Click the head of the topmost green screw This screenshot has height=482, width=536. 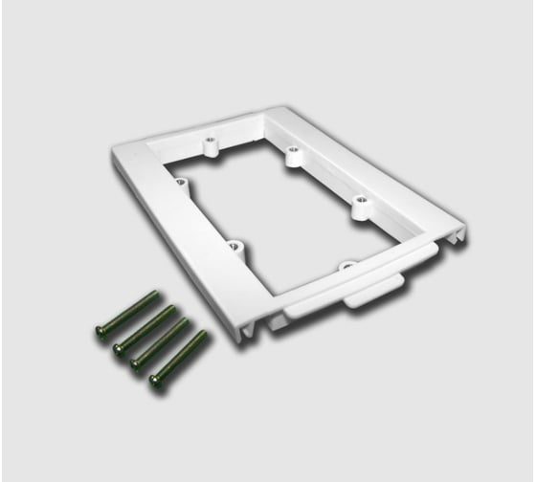(x=101, y=331)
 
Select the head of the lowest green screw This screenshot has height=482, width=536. (x=154, y=384)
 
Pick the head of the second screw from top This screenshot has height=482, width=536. (x=119, y=349)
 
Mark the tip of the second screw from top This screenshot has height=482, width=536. (x=173, y=309)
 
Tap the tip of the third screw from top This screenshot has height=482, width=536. (x=189, y=321)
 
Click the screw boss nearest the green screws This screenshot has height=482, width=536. (x=234, y=248)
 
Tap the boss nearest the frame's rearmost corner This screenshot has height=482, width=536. (x=291, y=154)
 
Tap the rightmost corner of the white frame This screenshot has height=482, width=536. (x=466, y=230)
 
